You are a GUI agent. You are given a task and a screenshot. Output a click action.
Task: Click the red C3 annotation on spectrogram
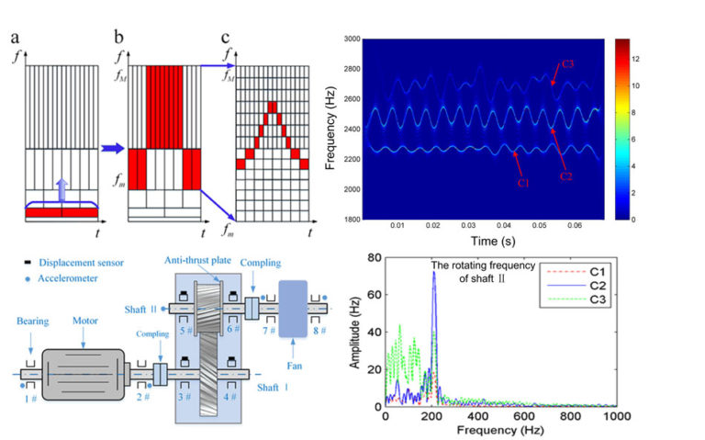pyautogui.click(x=566, y=63)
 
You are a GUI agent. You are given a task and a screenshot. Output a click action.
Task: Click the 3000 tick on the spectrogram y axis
pyautogui.click(x=347, y=40)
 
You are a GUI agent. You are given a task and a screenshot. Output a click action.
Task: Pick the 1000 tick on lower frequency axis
pyautogui.click(x=615, y=417)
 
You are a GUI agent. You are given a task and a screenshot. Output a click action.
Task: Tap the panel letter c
pyautogui.click(x=226, y=39)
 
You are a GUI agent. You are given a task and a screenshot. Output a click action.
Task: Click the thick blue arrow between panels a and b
pyautogui.click(x=113, y=147)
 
